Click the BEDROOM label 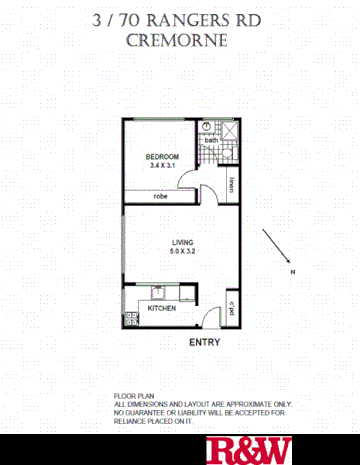pos(162,157)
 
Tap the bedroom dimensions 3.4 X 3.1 pos(162,166)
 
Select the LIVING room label pos(181,242)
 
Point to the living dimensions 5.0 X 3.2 pos(181,252)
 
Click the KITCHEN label pos(162,309)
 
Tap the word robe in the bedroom pos(160,196)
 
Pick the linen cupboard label pos(231,184)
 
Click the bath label pos(211,140)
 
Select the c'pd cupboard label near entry pos(231,307)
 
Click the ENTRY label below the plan pos(204,342)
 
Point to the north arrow pos(273,244)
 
